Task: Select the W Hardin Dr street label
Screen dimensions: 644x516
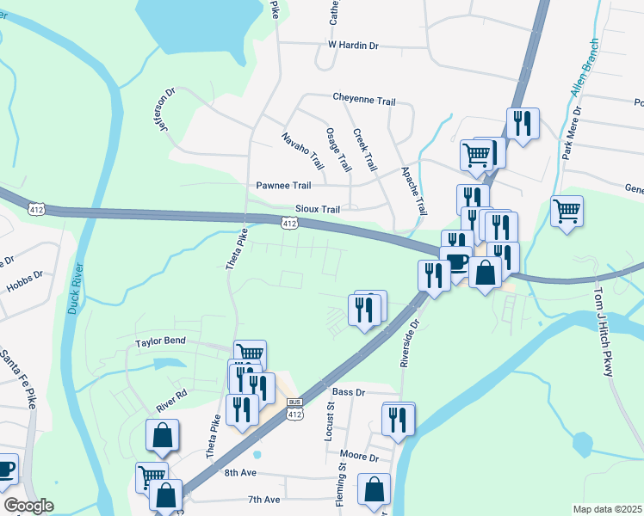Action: tap(353, 44)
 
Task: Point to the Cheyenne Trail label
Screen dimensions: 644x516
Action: tap(364, 101)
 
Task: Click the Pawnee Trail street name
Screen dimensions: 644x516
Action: tap(283, 185)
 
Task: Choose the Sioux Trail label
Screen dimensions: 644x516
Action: tap(318, 209)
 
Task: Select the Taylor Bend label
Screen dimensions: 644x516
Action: tap(160, 341)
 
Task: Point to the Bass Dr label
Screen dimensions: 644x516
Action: tap(349, 392)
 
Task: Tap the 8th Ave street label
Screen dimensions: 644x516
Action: tap(240, 473)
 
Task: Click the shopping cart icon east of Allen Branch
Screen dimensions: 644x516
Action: tap(567, 211)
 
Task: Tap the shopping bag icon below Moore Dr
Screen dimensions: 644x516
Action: tap(374, 489)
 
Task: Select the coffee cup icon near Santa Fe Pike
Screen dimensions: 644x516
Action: tap(5, 469)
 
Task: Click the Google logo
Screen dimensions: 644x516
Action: tap(29, 506)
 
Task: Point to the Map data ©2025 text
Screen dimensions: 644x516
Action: tap(607, 509)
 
